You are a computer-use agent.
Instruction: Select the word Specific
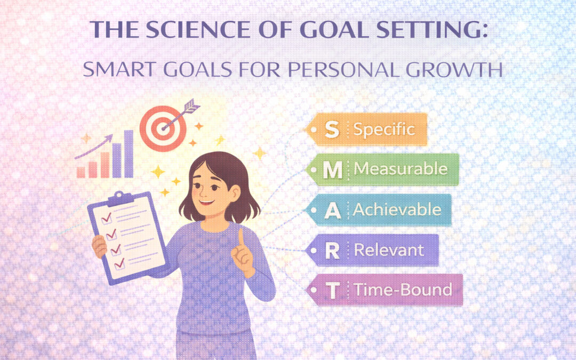384,130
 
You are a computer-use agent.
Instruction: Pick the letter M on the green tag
333,170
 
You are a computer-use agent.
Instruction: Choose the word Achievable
397,210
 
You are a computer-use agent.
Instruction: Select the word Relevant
389,250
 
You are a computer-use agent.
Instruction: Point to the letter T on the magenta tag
333,291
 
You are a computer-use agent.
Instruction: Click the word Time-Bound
403,290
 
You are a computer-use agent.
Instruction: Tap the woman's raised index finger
241,238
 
